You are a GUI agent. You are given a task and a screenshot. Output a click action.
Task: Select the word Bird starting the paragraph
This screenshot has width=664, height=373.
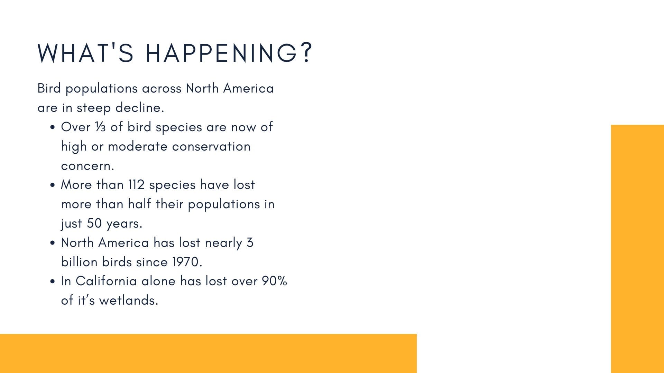pyautogui.click(x=49, y=88)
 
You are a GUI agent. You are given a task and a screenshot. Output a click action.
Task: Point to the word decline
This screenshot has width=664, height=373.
pyautogui.click(x=140, y=107)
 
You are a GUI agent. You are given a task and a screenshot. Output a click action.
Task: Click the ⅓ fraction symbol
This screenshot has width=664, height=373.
pyautogui.click(x=100, y=127)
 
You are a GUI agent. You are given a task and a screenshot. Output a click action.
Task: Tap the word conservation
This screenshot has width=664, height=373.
pyautogui.click(x=211, y=146)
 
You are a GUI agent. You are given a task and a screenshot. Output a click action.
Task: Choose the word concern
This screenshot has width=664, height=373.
pyautogui.click(x=87, y=166)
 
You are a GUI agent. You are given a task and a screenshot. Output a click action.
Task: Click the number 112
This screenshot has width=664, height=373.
pyautogui.click(x=136, y=185)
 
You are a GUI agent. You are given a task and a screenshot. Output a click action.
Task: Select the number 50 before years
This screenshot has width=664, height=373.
pyautogui.click(x=94, y=223)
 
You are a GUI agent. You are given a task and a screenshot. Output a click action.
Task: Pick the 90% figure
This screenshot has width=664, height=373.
pyautogui.click(x=274, y=281)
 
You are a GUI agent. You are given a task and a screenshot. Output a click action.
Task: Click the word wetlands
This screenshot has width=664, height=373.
pyautogui.click(x=129, y=300)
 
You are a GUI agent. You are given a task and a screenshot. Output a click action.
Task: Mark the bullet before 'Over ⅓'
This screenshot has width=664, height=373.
pyautogui.click(x=53, y=127)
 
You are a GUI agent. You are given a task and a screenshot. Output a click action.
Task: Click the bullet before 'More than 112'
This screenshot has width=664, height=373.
pyautogui.click(x=53, y=185)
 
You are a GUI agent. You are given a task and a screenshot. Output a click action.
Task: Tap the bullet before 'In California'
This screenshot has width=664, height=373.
pyautogui.click(x=53, y=281)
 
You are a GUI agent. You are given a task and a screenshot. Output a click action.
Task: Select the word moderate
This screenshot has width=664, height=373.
pyautogui.click(x=138, y=146)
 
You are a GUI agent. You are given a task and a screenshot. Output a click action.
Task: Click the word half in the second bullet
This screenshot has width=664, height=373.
pyautogui.click(x=139, y=204)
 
